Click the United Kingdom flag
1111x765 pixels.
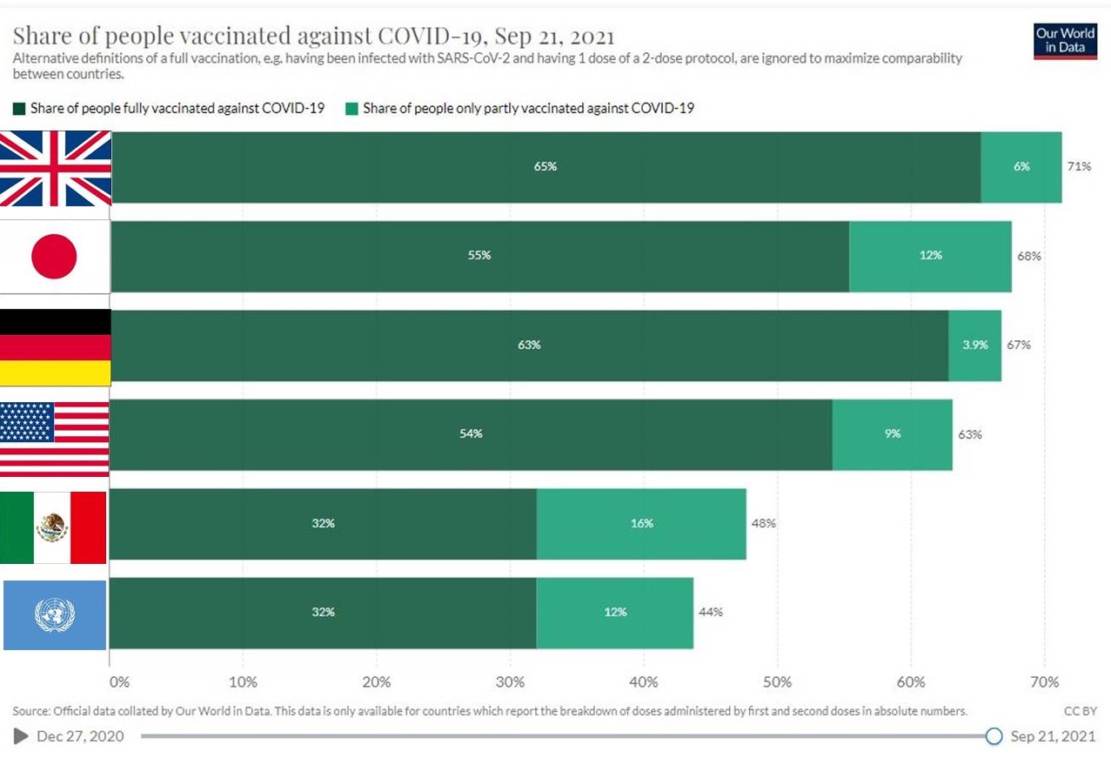(56, 168)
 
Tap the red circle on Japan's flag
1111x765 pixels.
(54, 257)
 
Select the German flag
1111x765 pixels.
(56, 346)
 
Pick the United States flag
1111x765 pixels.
(54, 438)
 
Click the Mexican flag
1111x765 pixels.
(53, 527)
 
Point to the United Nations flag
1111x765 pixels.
(54, 615)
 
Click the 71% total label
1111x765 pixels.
(1079, 166)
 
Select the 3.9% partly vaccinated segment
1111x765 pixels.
(974, 345)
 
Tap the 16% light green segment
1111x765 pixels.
(641, 523)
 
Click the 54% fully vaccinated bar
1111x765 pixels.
(471, 433)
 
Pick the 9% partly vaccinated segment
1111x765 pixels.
(892, 433)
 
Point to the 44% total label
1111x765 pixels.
(710, 612)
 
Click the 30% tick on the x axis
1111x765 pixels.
(510, 681)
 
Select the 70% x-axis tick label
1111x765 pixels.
(1044, 681)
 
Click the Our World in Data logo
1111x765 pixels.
(1065, 40)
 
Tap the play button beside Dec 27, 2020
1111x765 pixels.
(21, 736)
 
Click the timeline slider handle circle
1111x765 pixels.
(994, 736)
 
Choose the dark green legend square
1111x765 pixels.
(19, 109)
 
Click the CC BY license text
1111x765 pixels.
(1080, 711)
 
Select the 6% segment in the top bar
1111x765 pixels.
(1021, 166)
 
